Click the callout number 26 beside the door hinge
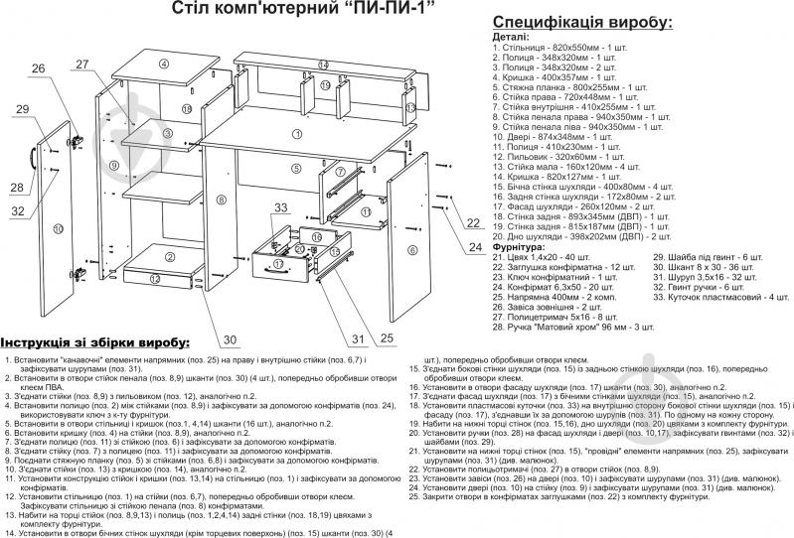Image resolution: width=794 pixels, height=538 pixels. (37, 69)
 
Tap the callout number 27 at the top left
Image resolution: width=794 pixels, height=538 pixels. (81, 65)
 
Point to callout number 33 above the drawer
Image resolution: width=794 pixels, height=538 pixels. (280, 207)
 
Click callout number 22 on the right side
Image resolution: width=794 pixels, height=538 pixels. (473, 224)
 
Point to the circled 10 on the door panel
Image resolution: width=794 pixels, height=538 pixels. (59, 228)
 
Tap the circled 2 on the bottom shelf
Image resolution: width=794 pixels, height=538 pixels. (170, 258)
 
